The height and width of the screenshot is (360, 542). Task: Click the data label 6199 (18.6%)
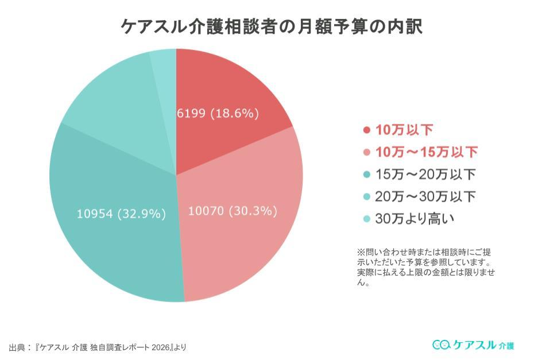tap(218, 114)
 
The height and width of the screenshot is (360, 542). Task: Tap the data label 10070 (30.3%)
tap(233, 211)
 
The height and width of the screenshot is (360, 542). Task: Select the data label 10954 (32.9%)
tap(121, 214)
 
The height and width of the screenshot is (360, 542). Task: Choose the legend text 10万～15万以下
tap(426, 152)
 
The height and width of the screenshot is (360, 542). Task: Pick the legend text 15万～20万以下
tap(425, 174)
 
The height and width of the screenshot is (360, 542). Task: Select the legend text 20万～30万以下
tap(425, 196)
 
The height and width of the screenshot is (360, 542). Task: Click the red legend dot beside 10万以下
tap(367, 130)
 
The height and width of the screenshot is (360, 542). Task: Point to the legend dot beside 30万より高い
tap(367, 219)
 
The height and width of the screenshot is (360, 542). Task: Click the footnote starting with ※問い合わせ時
tap(425, 267)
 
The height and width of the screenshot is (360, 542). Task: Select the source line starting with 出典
tap(98, 347)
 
